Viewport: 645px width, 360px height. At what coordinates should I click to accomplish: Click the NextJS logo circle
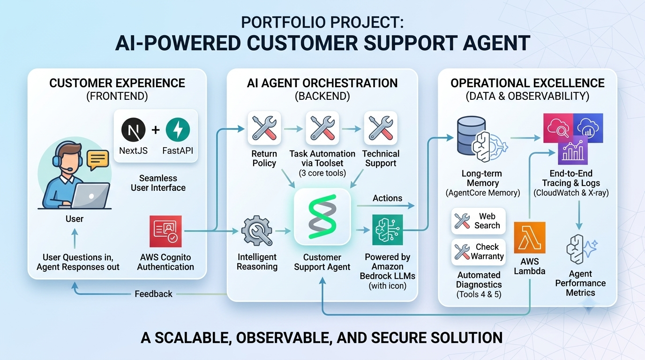133,129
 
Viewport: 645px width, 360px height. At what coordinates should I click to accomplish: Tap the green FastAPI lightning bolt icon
178,129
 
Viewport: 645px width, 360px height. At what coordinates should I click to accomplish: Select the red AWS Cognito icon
165,231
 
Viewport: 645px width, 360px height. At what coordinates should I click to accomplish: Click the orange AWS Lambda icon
530,238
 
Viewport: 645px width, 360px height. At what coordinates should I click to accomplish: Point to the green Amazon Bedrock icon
388,230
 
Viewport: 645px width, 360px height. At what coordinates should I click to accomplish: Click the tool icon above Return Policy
264,128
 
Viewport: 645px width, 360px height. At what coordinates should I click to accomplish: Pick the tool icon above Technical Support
381,128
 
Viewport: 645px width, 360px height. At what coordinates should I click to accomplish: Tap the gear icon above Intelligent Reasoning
257,231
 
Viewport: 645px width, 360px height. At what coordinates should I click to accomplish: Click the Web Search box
478,221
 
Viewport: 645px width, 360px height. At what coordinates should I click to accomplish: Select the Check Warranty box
478,252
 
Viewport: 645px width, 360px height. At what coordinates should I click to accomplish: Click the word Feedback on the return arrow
153,294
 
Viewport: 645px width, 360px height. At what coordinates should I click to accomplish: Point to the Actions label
387,198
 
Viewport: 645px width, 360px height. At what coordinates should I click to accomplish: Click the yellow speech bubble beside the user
98,160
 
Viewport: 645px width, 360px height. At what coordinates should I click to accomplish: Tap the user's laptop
90,195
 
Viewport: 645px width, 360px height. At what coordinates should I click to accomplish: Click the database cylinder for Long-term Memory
471,136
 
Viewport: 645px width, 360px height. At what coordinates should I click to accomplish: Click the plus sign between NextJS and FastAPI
156,130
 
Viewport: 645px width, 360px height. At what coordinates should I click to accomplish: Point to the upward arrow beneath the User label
75,239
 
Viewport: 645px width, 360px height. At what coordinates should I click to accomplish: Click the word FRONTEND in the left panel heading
117,96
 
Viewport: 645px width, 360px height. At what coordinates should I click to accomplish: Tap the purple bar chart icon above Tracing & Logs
573,150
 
